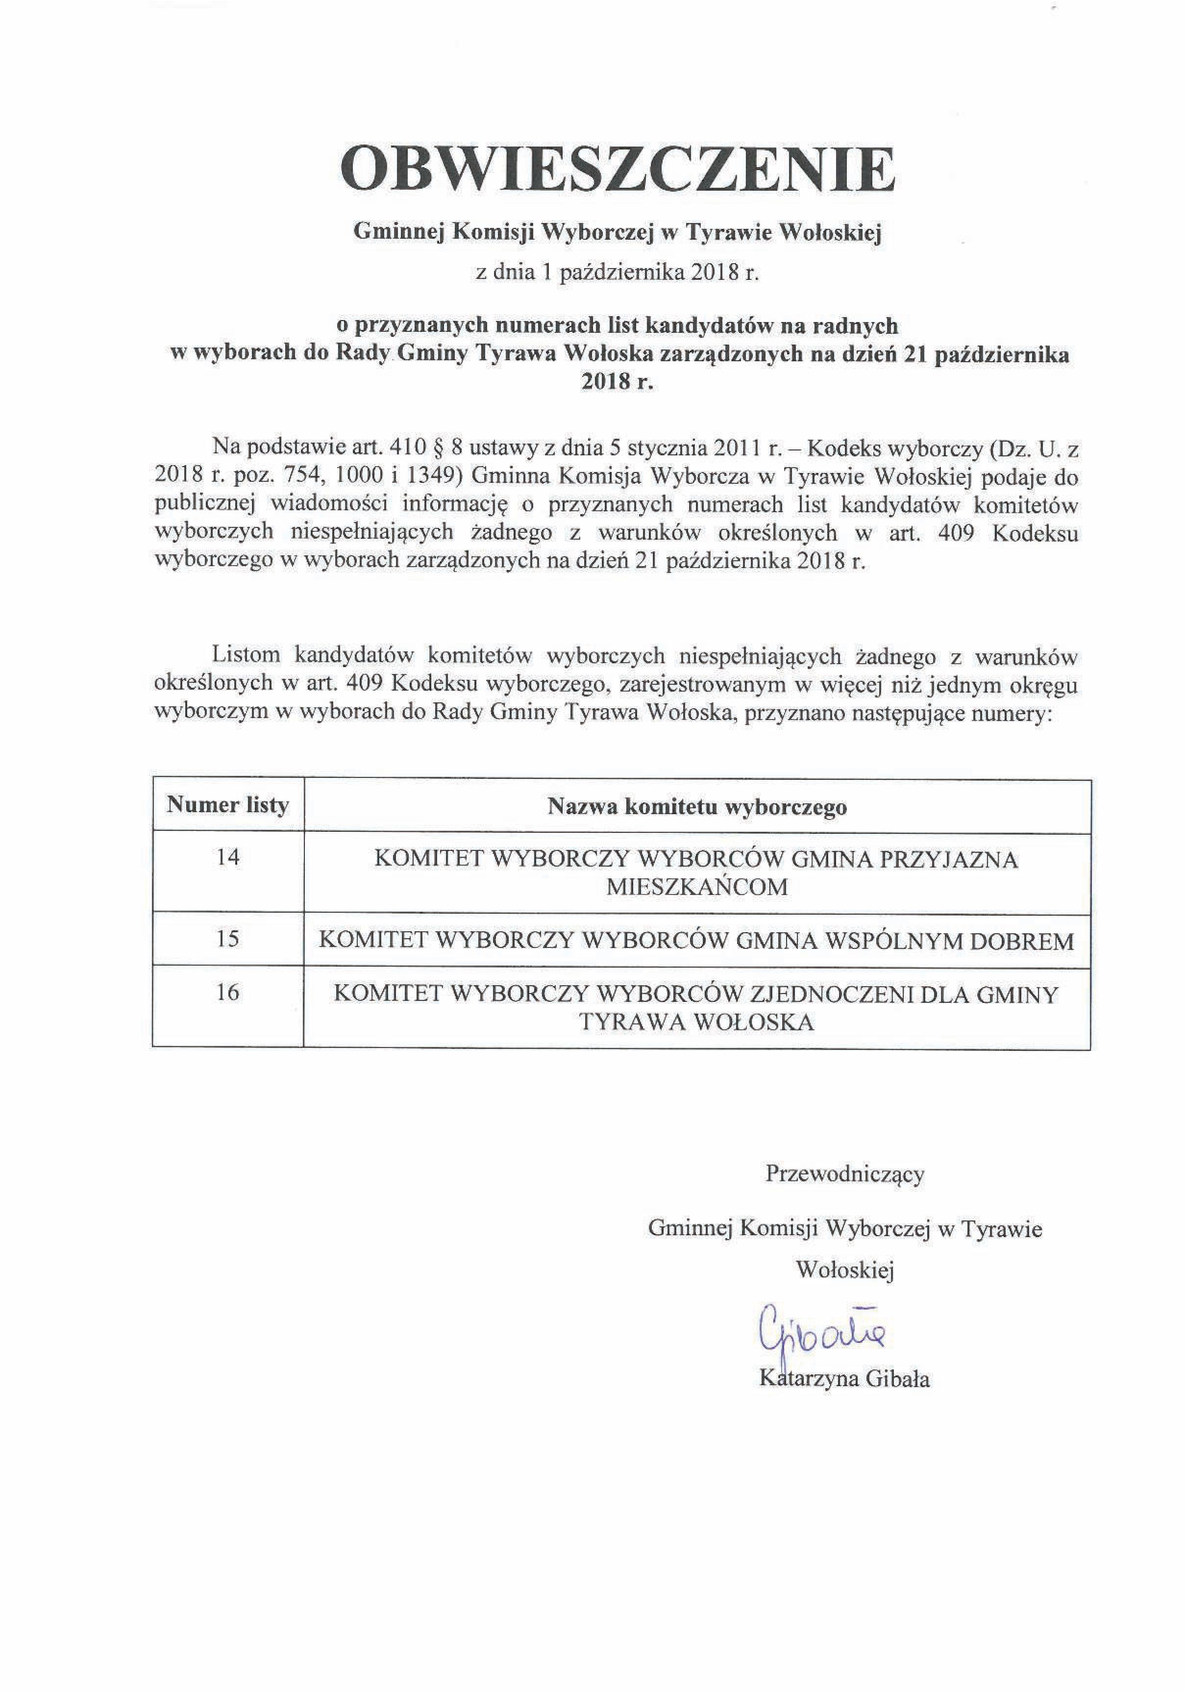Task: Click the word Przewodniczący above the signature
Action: point(845,1174)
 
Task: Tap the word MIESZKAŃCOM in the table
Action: point(697,887)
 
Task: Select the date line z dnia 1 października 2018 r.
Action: point(617,274)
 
